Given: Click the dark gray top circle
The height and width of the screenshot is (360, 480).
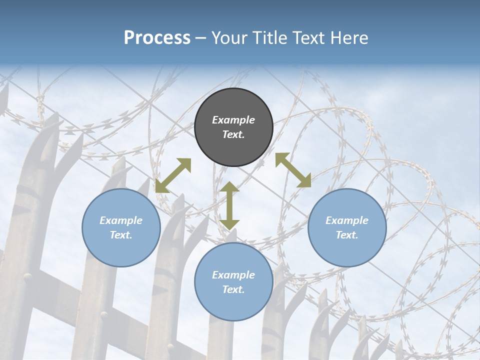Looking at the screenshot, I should tap(233, 127).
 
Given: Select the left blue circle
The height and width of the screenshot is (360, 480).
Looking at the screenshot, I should tap(121, 227).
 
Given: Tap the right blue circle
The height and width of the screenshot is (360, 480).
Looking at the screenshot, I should tap(347, 227).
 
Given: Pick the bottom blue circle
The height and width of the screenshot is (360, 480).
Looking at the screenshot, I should tap(233, 282).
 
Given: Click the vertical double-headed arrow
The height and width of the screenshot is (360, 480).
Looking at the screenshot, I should tap(229, 206).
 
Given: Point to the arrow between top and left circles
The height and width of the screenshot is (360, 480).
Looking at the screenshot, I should tap(173, 175).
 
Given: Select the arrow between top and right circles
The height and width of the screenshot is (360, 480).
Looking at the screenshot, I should tap(293, 170).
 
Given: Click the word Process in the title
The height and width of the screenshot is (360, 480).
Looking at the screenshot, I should tap(157, 38).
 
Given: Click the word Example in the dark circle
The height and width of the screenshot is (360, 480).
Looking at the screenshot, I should tap(233, 120).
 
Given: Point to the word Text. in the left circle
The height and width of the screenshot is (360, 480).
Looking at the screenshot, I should tap(121, 235).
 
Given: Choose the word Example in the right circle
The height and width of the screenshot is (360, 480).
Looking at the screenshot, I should tap(347, 220).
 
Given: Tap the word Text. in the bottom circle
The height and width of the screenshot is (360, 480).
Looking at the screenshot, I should tap(233, 289).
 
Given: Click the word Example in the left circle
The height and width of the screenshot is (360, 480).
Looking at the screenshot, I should tap(121, 220).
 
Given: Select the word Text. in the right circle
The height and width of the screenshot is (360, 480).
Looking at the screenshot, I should tap(347, 235).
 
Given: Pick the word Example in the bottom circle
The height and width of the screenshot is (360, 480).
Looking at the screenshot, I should tap(233, 275).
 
